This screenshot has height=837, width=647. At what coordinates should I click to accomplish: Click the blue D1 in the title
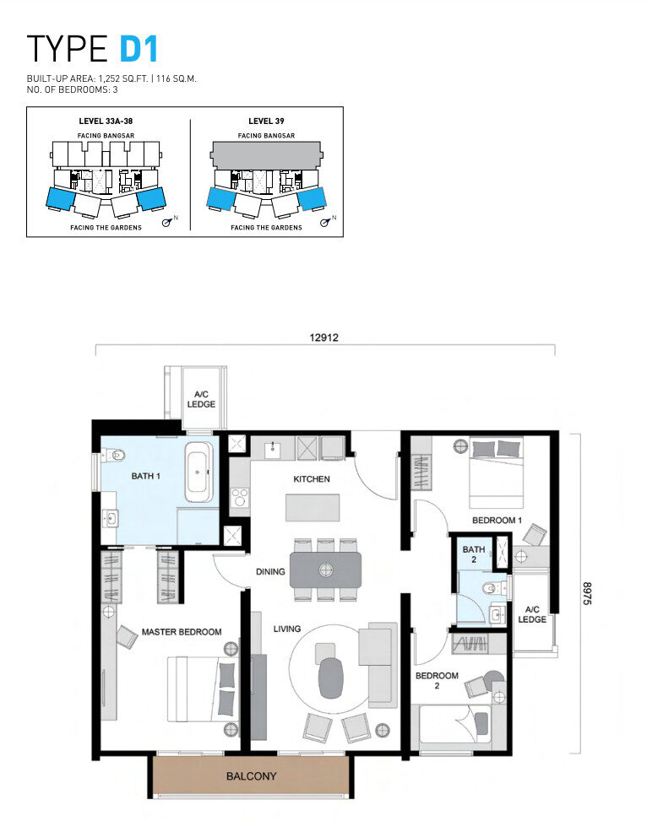pos(139,49)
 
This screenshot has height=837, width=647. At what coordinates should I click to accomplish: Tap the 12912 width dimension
pos(323,337)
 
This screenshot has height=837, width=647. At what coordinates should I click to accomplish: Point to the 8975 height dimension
pos(587,593)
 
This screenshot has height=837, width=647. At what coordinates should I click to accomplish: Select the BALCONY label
pos(251,776)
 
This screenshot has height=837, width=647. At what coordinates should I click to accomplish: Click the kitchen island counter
pos(313,508)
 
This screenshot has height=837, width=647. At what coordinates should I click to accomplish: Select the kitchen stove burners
pos(239,498)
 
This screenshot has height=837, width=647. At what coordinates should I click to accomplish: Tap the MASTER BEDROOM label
pos(182,632)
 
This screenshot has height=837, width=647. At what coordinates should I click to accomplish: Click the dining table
pos(325,570)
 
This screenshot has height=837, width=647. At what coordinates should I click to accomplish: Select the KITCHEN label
pos(312,478)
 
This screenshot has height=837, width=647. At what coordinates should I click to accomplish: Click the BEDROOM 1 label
pos(497,520)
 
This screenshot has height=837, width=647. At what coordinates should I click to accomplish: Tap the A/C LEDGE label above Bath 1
pos(201,399)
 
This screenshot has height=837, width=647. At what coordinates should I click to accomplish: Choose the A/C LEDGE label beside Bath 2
pos(532,614)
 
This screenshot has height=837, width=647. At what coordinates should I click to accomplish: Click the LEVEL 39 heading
pos(266,121)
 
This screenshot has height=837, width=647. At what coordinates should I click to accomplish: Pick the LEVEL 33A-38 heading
pos(106,121)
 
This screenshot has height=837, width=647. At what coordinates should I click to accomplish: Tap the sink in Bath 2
pos(498,615)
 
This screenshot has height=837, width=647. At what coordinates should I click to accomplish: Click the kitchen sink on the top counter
pos(273,448)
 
